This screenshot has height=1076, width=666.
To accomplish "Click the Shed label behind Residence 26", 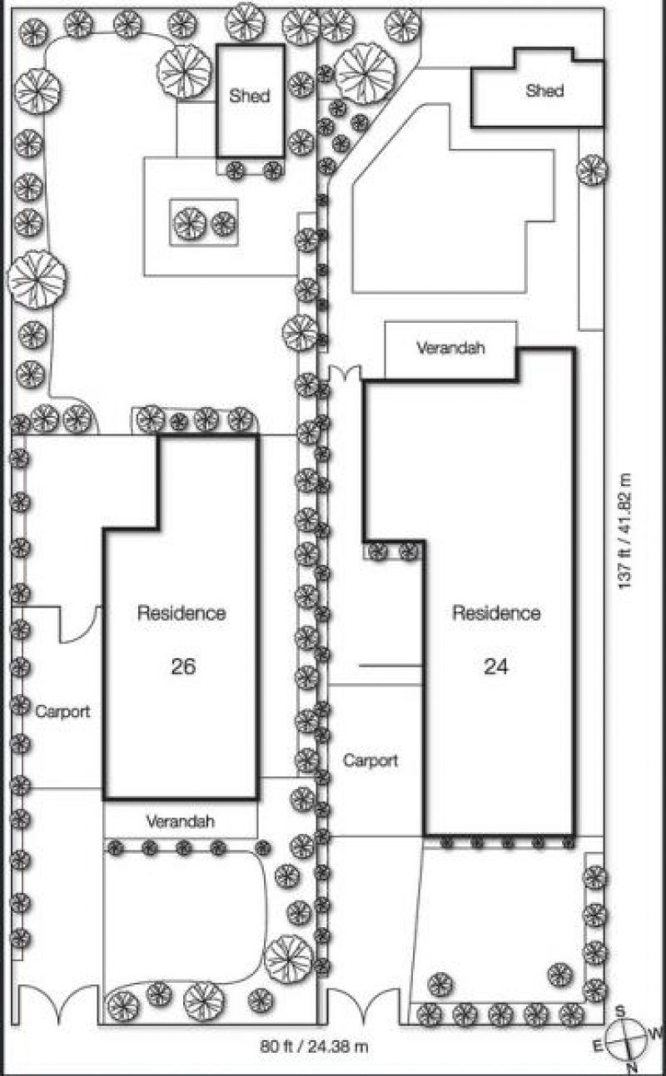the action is tap(250, 96).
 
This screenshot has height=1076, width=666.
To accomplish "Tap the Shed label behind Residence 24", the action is tap(544, 91).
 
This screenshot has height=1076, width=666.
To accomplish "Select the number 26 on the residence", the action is tap(183, 666).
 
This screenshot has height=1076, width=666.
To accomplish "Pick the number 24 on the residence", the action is tap(496, 666).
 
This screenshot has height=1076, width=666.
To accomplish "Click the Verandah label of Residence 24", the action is tap(450, 348).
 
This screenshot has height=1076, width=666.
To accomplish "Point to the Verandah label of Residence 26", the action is tap(180, 821).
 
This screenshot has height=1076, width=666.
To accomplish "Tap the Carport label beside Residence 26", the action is tap(62, 712).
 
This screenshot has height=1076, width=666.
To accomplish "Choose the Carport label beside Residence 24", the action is tap(370, 761).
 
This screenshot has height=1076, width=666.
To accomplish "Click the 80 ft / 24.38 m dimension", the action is tap(314, 1046).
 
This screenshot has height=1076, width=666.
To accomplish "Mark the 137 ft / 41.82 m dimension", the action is tap(624, 531).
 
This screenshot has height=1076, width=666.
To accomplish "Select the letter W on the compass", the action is tap(656, 1033).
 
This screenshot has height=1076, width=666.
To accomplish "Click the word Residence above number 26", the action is tap(181, 613).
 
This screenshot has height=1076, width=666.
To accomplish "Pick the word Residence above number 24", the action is tap(496, 612).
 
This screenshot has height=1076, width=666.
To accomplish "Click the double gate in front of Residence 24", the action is tap(363, 1006).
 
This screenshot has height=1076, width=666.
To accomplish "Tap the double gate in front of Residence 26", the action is tap(58, 1005).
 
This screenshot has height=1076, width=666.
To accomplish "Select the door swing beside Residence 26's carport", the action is tap(80, 624).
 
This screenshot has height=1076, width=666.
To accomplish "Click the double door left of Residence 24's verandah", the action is tap(345, 374).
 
